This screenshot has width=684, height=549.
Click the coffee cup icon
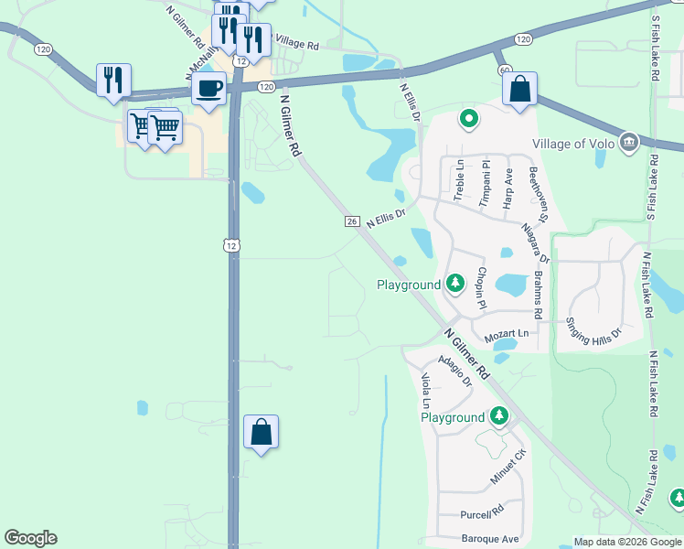(209, 89)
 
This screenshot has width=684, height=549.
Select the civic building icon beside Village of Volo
(628, 142)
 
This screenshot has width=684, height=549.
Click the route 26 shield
(352, 221)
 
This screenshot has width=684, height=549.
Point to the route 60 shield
(503, 70)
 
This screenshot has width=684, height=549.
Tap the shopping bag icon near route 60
(519, 90)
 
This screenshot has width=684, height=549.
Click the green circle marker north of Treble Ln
(468, 117)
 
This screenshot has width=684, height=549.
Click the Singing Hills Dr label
(593, 328)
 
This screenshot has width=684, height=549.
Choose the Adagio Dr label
(454, 369)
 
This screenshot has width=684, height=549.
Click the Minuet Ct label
(508, 468)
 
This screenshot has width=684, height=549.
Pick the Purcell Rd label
(483, 511)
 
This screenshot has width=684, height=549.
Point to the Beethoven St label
(537, 195)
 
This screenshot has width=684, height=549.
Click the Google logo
(30, 538)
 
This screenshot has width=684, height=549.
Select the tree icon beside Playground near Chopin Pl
(455, 284)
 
